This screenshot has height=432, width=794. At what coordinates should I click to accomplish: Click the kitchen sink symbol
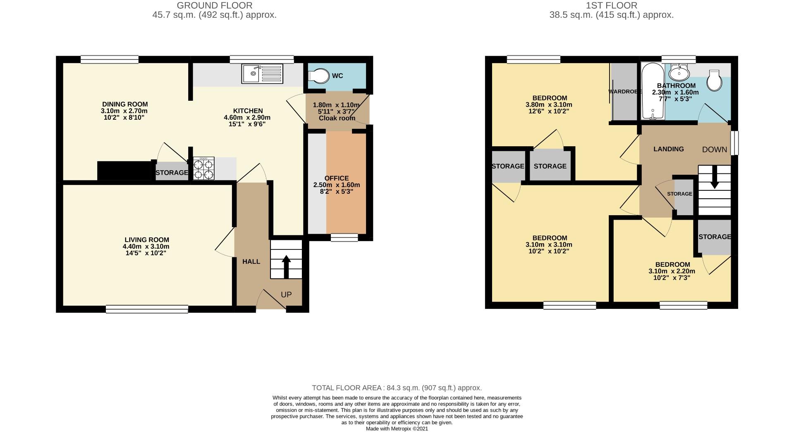point(263,74)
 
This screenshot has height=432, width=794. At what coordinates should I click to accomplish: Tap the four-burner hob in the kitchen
point(204,169)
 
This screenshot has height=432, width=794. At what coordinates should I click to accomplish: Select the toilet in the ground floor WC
point(318,76)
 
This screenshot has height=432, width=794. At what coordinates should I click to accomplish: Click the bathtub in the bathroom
point(653,92)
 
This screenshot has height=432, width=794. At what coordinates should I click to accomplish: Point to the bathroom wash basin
point(679,74)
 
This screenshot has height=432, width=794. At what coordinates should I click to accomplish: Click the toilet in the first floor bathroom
point(714,80)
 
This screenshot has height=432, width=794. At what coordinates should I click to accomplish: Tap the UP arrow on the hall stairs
point(286,266)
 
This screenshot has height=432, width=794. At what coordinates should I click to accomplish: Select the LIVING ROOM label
point(147,240)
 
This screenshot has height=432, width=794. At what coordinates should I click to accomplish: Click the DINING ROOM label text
point(125,104)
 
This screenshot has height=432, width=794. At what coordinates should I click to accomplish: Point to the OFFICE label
point(337,178)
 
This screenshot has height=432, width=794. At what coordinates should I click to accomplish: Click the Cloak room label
point(337,118)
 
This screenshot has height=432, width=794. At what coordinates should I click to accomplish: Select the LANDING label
point(668,149)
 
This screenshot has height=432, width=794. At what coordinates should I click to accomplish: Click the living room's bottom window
point(147,309)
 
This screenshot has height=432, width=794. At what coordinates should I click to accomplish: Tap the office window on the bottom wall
point(344,237)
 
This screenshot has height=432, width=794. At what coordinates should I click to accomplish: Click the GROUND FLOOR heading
point(214,5)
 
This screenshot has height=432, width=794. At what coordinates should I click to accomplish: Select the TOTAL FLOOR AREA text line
point(397,388)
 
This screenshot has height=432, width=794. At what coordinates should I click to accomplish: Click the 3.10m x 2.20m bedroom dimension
point(672,271)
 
